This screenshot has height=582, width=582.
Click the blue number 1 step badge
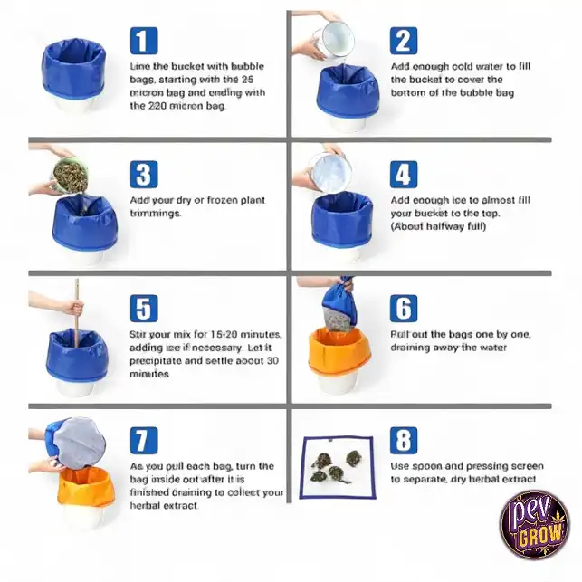pyautogui.click(x=144, y=41)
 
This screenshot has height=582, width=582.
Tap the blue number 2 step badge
pyautogui.click(x=404, y=41)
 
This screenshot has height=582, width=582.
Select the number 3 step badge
pyautogui.click(x=144, y=175)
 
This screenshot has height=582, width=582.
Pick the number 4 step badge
pyautogui.click(x=404, y=175)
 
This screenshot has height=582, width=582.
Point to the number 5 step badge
pyautogui.click(x=144, y=309)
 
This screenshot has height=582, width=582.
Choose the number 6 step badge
pyautogui.click(x=404, y=309)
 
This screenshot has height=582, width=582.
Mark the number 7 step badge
pyautogui.click(x=144, y=441)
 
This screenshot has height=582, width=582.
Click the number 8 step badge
pyautogui.click(x=404, y=441)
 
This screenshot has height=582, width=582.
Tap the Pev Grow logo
pyautogui.click(x=535, y=524)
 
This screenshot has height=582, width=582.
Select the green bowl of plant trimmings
pyautogui.click(x=70, y=177)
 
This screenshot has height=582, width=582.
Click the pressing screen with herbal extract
pyautogui.click(x=338, y=468)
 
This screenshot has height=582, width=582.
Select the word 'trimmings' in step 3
pyautogui.click(x=155, y=214)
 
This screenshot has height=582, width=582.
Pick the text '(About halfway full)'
pyautogui.click(x=438, y=226)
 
